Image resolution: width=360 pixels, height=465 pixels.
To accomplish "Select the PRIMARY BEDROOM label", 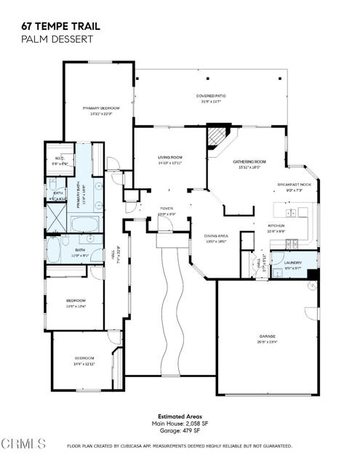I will (100, 108).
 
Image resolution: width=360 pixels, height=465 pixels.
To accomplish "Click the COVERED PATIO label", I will (209, 96).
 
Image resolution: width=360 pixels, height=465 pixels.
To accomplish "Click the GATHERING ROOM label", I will (249, 161).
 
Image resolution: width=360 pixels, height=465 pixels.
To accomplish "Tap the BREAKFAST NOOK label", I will (295, 185).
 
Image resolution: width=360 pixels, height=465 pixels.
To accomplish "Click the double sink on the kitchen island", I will (291, 213).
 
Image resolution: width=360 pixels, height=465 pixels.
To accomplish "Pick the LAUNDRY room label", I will (293, 262).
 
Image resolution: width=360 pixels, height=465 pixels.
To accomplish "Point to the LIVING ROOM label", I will (170, 157).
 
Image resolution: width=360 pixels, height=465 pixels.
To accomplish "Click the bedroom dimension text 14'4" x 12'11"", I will (84, 363).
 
